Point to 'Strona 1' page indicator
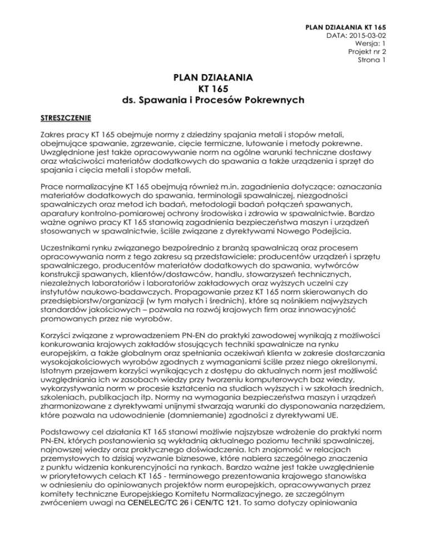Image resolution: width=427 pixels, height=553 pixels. (372, 60)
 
